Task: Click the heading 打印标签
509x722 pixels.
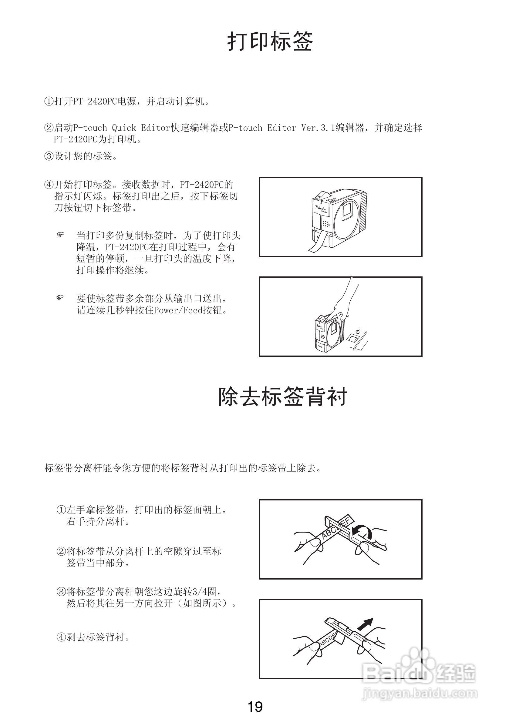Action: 270,42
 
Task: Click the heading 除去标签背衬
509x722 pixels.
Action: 283,397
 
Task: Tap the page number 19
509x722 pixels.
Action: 255,707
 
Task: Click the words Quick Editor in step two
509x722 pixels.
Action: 141,128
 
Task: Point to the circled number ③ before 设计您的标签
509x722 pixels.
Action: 49,156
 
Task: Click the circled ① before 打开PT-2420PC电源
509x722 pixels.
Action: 49,101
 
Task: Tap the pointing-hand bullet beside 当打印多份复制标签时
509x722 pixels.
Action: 60,235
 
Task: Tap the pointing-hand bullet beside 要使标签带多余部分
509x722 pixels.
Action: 60,297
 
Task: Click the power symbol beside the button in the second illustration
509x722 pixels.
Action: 357,332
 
